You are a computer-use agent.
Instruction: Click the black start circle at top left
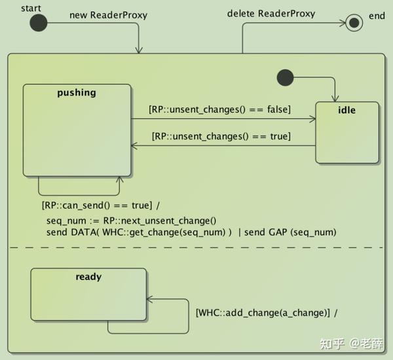tap(39, 23)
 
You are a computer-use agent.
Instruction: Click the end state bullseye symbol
tap(354, 23)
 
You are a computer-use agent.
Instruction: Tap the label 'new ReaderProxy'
tap(108, 15)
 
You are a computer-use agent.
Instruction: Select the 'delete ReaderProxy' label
tap(271, 14)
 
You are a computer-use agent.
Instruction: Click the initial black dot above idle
tap(285, 77)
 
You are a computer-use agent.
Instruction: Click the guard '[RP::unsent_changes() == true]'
tap(221, 136)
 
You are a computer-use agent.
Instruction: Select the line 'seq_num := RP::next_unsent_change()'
tap(131, 221)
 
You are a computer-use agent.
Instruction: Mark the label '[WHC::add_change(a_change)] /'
tap(267, 312)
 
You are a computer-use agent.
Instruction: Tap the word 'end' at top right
tap(377, 16)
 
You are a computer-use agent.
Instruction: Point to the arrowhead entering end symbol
tap(342, 23)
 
